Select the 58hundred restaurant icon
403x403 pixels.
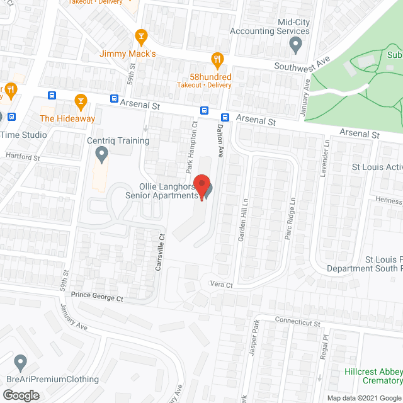pyautogui.click(x=218, y=60)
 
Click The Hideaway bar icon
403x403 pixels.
pyautogui.click(x=81, y=101)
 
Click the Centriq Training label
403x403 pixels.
pyautogui.click(x=118, y=140)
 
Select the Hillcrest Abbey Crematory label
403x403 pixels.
pyautogui.click(x=373, y=376)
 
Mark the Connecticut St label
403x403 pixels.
pyautogui.click(x=298, y=324)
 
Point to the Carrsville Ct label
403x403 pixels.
pyautogui.click(x=160, y=252)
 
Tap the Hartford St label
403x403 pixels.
pyautogui.click(x=23, y=156)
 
